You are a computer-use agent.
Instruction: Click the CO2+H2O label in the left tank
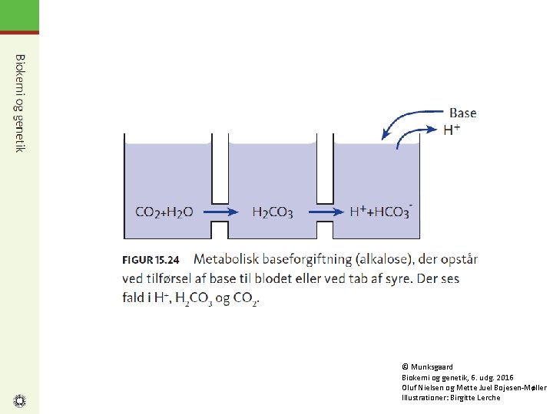(x=164, y=212)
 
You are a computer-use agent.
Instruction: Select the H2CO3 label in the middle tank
(x=273, y=212)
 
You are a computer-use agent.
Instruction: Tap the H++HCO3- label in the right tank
(x=381, y=212)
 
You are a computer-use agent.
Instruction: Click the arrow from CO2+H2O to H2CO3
(x=221, y=212)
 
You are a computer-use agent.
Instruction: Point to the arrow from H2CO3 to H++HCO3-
(x=326, y=212)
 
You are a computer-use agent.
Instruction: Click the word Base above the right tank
(x=462, y=113)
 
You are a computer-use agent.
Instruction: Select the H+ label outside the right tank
(x=452, y=130)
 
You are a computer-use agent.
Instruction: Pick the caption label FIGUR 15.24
(x=151, y=260)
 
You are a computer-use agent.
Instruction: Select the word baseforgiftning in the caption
(x=307, y=260)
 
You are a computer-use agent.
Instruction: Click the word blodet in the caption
(x=273, y=279)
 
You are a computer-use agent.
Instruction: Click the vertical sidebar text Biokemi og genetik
(x=20, y=103)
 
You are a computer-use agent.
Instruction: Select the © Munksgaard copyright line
(x=427, y=366)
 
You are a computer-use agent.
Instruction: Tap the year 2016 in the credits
(x=505, y=378)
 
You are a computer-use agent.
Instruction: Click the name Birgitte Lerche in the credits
(x=475, y=398)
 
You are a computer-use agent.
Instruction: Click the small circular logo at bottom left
(x=20, y=401)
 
